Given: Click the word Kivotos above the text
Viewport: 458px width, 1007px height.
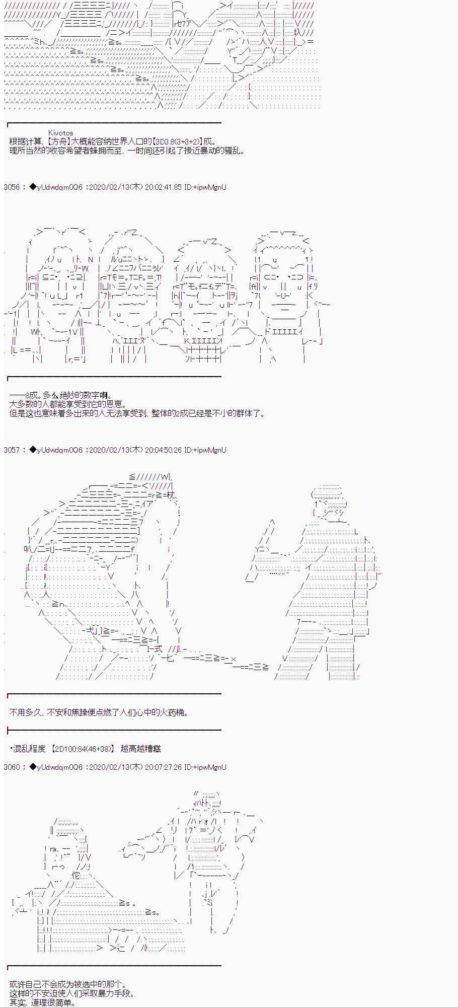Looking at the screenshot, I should (x=60, y=133).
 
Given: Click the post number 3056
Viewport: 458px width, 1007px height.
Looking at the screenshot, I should (x=11, y=187).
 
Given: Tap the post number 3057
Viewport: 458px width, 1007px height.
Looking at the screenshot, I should (x=11, y=450).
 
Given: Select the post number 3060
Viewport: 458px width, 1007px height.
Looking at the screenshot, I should (x=11, y=767).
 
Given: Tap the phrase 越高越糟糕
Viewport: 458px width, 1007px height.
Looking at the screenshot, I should (x=140, y=749).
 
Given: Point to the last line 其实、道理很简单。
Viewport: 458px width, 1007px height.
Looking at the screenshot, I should (x=43, y=1002).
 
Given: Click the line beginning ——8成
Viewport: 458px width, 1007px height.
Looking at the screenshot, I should (x=60, y=396).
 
